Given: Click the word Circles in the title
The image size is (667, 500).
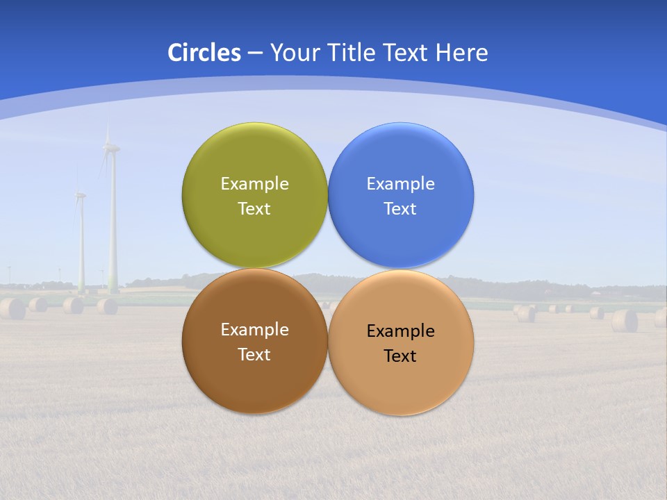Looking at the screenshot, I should click(204, 53).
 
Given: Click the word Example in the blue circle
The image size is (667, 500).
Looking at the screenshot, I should click(401, 184).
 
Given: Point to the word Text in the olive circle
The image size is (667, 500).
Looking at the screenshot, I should click(254, 209).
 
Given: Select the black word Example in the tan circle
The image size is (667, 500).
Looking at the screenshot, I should click(401, 331).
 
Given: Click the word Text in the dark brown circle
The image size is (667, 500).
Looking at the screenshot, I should click(254, 355).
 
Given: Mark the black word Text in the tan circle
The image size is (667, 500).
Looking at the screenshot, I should click(400, 356).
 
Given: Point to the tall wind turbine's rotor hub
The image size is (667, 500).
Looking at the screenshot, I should click(110, 147).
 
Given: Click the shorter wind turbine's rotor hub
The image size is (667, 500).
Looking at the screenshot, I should click(81, 195).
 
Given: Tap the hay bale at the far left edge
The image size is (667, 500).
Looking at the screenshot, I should click(12, 308).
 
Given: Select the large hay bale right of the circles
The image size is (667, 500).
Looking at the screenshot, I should click(625, 320).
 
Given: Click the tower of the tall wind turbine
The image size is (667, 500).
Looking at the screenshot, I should click(113, 229).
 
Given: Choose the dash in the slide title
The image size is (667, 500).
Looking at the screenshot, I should click(255, 53).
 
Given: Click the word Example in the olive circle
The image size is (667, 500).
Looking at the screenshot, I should click(255, 184).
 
